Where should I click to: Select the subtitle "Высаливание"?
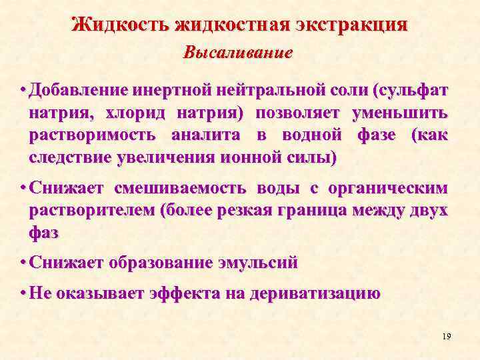[x=238, y=53]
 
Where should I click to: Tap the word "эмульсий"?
[x=258, y=263]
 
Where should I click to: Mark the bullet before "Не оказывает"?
[x=23, y=293]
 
